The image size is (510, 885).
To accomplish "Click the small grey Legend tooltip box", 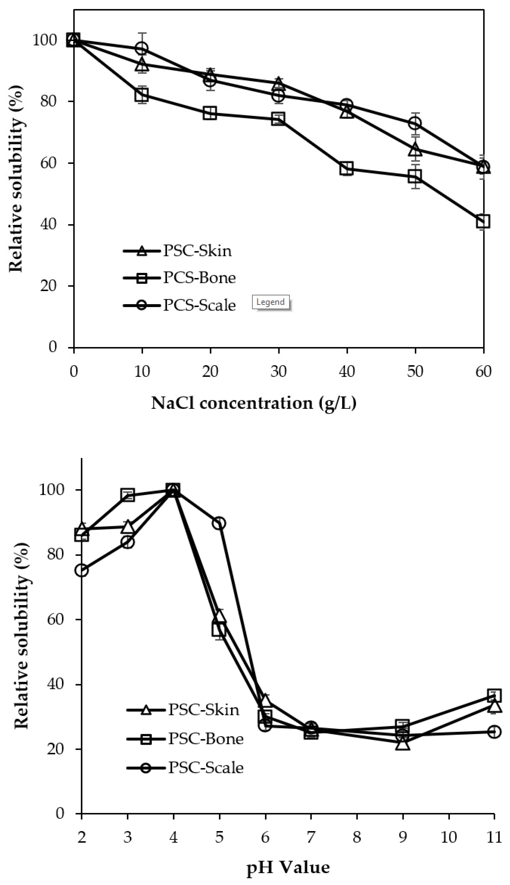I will pos(270,302).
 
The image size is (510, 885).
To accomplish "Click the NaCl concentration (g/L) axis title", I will pos(254,403).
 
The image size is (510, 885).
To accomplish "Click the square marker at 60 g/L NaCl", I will pos(483,221).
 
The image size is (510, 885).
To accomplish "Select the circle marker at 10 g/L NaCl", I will pos(142,48).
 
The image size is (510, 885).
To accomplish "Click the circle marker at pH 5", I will pos(219,523).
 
